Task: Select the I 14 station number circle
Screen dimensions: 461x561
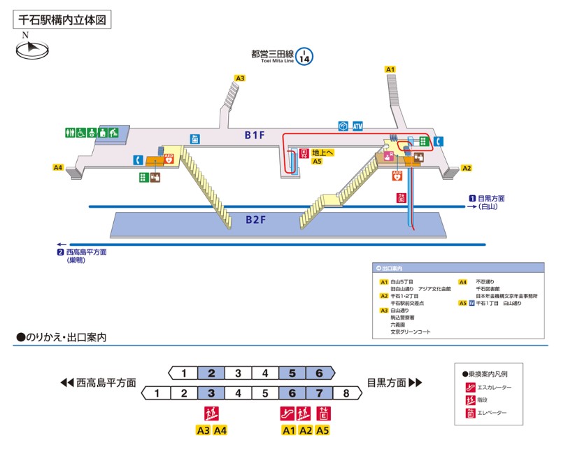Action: tap(304, 56)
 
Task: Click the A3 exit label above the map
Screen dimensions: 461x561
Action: tap(240, 78)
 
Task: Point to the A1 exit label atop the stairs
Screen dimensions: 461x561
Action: tap(390, 69)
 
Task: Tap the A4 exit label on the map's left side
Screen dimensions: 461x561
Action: tap(58, 168)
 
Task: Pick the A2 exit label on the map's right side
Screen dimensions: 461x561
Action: tap(467, 168)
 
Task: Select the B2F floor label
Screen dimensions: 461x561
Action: tap(255, 219)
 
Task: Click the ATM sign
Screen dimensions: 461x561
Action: tap(358, 126)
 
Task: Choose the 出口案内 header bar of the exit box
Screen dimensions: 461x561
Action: tap(457, 268)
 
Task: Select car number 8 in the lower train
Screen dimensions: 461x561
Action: tap(346, 393)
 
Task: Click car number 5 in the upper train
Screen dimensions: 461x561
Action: tap(292, 373)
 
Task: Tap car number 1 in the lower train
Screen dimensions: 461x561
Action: tap(157, 393)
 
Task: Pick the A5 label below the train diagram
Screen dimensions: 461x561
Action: tap(322, 430)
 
